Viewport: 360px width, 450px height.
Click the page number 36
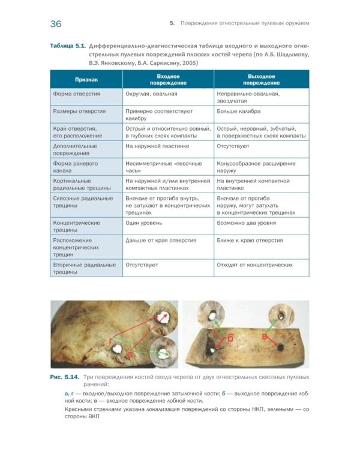[x=56, y=24]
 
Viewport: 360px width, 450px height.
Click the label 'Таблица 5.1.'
[x=68, y=46]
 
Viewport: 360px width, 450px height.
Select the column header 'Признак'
[x=86, y=79]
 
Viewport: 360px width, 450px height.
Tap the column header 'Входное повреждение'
[x=168, y=79]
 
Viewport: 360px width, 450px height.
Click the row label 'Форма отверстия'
[x=76, y=94]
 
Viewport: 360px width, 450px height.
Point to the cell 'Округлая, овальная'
[x=150, y=94]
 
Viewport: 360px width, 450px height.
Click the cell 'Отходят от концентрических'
[x=254, y=265]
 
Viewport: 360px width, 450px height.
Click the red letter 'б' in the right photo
[x=230, y=338]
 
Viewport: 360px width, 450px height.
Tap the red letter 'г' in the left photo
[x=112, y=341]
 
